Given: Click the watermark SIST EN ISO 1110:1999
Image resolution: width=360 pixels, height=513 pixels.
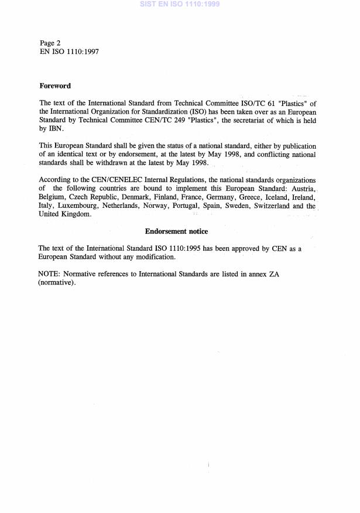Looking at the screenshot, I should coord(180,4).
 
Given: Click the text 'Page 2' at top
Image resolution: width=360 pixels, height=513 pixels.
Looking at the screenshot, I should coord(50,43).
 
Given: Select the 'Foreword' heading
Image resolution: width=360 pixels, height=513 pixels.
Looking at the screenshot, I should coord(55,85).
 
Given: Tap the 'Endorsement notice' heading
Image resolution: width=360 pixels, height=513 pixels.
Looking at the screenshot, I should coord(176,231).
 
